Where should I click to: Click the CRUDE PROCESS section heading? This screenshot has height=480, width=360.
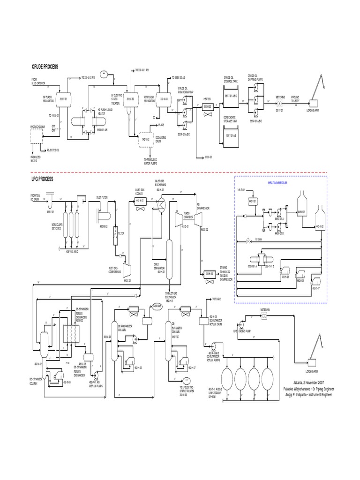click(45, 67)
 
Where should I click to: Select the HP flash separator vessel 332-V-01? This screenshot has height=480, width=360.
click(69, 99)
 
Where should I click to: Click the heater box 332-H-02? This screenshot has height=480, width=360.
click(206, 107)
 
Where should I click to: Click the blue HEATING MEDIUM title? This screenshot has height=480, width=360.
click(279, 184)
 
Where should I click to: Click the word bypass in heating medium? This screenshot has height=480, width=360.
click(258, 240)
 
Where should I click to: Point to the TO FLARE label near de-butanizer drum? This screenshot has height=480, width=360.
click(217, 299)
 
